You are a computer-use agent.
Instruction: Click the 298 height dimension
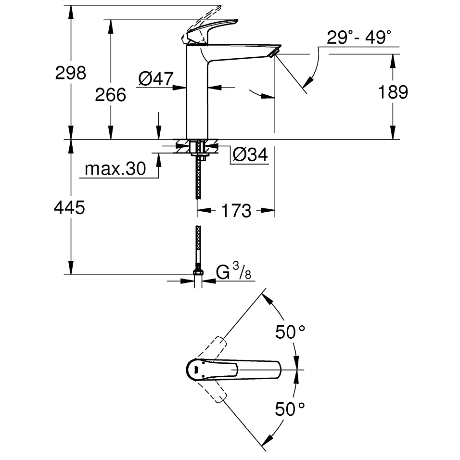(70, 73)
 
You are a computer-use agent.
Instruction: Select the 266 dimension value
(110, 95)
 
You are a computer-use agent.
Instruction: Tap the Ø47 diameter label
(155, 78)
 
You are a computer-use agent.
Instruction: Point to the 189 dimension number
(393, 91)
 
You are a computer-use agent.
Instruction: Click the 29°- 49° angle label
(359, 37)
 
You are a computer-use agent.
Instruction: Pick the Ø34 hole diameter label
(250, 154)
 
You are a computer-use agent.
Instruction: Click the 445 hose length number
(69, 208)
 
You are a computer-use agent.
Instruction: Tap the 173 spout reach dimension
(236, 210)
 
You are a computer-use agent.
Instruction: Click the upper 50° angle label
(290, 332)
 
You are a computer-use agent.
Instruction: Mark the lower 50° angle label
(290, 409)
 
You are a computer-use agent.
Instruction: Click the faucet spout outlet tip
(275, 52)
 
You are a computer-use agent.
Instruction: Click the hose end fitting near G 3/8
(198, 273)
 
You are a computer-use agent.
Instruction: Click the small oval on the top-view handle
(196, 370)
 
